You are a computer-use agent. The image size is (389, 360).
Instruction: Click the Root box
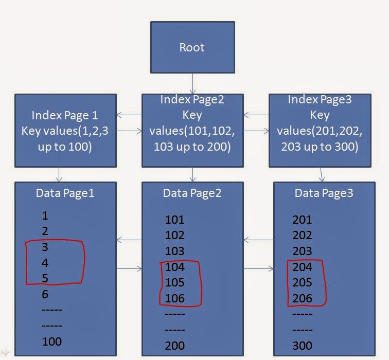[192, 47]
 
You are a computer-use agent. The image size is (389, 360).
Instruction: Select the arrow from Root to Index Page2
[193, 83]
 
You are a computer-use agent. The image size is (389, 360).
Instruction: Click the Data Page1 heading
[65, 193]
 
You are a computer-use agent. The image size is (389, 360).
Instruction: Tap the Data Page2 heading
[192, 193]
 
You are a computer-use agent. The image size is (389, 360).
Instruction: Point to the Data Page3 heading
[324, 193]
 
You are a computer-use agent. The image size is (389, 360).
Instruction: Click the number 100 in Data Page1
[51, 341]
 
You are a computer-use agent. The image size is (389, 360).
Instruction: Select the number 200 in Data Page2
[174, 345]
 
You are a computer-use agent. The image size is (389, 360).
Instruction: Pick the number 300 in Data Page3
[302, 345]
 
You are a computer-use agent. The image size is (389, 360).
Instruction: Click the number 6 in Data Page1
[45, 294]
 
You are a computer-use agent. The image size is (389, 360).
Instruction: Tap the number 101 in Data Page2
[174, 220]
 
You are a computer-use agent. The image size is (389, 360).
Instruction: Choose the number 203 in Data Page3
[302, 251]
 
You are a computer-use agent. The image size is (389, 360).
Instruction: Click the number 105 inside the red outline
[174, 282]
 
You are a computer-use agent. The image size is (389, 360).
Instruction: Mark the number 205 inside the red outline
[302, 282]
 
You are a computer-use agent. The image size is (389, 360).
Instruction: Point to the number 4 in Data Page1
[45, 262]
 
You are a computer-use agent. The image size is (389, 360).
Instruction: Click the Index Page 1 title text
[65, 115]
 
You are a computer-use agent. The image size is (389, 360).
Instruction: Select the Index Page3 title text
[320, 100]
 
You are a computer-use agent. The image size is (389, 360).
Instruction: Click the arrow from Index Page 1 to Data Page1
[59, 174]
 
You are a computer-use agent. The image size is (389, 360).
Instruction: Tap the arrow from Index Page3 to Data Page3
[322, 174]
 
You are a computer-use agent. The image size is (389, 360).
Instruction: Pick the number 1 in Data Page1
[45, 215]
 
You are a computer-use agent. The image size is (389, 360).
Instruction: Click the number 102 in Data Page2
[174, 235]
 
